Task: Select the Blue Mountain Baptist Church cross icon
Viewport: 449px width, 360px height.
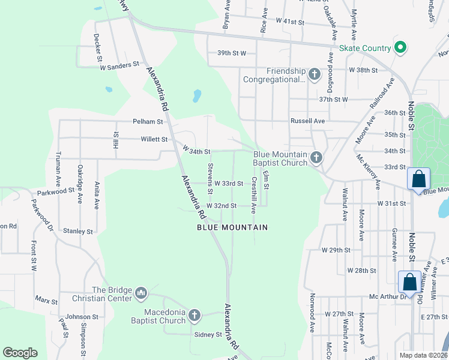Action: pos(316,158)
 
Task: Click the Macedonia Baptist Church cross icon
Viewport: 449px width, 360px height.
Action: pos(194,316)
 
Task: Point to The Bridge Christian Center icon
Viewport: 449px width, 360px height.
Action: pos(141,293)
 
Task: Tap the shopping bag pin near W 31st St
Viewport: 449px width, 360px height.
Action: pos(418,179)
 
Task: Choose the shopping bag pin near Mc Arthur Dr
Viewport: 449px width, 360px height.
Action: pos(409,282)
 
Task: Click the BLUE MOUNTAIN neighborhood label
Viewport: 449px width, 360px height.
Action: pos(232,227)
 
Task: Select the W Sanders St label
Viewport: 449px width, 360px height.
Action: pos(119,64)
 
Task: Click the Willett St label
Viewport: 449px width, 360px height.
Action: pos(154,139)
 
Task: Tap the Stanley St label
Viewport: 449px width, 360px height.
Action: pos(79,231)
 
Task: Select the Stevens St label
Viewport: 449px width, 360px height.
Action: pos(210,179)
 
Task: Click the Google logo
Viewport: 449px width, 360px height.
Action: pos(20,353)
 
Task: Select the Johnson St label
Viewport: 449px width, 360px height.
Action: pos(82,317)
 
